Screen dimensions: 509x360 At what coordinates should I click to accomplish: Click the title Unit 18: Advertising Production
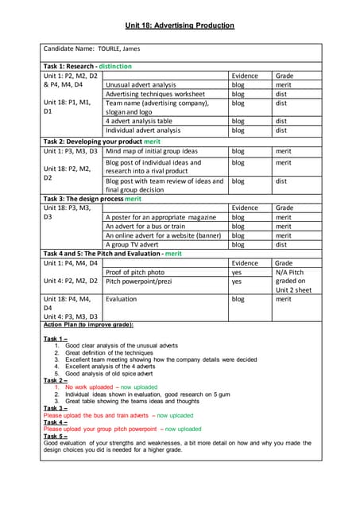[x=180, y=25]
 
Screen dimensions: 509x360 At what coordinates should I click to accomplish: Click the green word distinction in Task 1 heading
[x=110, y=66]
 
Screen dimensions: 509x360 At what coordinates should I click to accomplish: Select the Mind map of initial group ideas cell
[x=152, y=150]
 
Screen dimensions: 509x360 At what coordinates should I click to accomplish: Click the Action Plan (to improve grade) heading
[x=88, y=324]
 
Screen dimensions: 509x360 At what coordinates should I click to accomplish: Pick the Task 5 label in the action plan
[x=56, y=436]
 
